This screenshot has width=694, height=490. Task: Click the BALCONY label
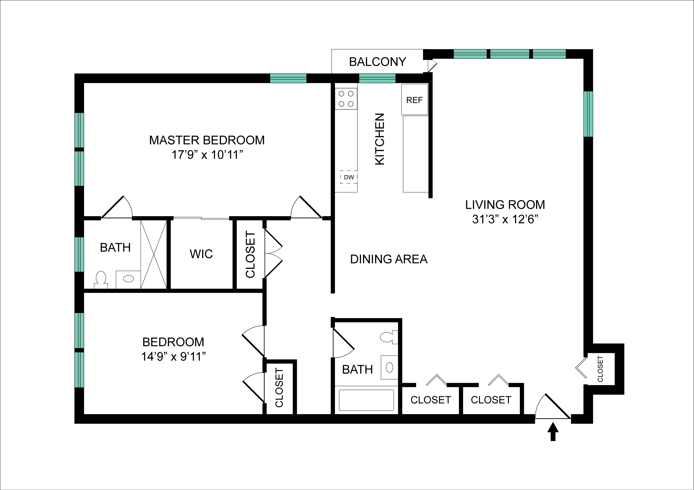click(377, 62)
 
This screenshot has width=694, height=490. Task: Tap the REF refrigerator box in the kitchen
click(414, 99)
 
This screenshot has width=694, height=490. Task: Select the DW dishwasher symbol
click(349, 177)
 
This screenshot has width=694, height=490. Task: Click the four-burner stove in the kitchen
click(346, 99)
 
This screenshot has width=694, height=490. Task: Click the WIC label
click(201, 254)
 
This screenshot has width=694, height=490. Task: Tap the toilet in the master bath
click(101, 279)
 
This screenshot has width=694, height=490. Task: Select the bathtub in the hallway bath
click(366, 400)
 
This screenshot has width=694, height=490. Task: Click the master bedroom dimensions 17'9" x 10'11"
click(207, 155)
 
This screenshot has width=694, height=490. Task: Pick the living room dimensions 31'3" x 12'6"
click(505, 219)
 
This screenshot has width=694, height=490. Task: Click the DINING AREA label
click(389, 259)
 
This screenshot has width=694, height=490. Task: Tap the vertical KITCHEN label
click(380, 139)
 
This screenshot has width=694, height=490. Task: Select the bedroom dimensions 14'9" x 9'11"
click(173, 356)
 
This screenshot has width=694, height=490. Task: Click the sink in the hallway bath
click(389, 367)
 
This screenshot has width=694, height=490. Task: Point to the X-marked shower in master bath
click(154, 254)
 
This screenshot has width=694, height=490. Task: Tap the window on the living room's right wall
click(588, 114)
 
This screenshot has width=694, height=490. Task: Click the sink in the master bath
click(129, 279)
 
